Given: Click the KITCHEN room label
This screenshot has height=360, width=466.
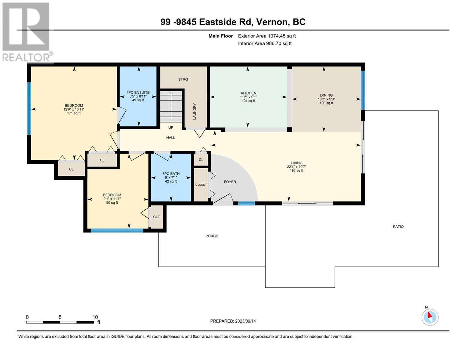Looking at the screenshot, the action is click(x=248, y=93).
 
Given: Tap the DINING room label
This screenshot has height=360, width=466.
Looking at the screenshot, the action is click(x=326, y=95).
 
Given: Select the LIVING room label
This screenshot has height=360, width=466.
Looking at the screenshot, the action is click(x=296, y=163).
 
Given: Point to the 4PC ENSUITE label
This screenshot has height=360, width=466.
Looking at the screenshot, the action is click(x=138, y=92).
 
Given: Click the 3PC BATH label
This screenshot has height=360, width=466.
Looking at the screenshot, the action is click(x=171, y=174).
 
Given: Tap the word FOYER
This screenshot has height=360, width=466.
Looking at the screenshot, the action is click(x=230, y=182).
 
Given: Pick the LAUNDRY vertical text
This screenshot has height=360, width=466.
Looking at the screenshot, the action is click(x=194, y=111).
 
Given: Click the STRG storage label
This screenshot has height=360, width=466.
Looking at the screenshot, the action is click(x=183, y=79).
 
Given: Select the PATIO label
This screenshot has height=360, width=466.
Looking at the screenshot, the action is click(x=398, y=226).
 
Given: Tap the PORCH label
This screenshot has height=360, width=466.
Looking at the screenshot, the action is click(x=212, y=236).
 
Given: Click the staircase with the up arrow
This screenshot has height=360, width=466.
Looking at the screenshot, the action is click(x=171, y=106).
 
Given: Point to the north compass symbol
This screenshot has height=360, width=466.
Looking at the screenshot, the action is click(x=430, y=316).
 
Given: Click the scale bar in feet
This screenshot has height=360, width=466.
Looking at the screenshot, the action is click(x=60, y=322).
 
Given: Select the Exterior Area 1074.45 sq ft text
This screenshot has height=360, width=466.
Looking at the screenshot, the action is click(x=267, y=36).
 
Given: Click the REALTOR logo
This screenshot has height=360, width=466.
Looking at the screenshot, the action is click(x=27, y=32).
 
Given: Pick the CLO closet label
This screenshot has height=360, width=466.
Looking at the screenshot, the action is click(x=157, y=217).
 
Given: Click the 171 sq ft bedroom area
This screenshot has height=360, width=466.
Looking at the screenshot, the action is click(x=74, y=113).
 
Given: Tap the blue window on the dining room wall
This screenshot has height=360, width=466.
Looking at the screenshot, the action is click(x=363, y=90).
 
